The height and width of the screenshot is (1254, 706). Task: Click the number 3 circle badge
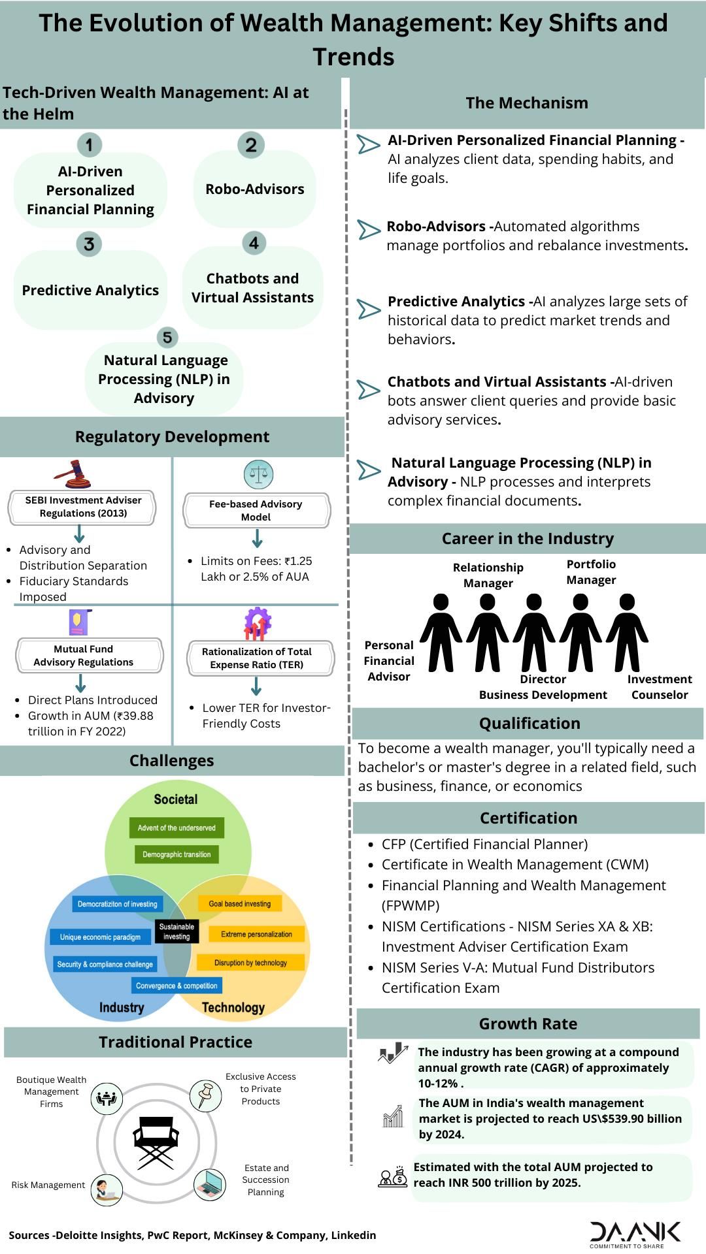point(89,244)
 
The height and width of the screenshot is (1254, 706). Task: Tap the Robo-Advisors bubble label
point(255,189)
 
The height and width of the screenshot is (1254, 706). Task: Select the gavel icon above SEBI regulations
point(72,474)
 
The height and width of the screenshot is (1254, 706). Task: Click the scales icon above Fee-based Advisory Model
point(258,474)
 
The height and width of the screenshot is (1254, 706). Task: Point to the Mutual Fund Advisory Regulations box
point(83,656)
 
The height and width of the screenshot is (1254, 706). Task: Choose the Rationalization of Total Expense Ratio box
point(257,658)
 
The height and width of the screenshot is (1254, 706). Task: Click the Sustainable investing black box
point(176,931)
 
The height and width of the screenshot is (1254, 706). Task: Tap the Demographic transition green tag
point(176,854)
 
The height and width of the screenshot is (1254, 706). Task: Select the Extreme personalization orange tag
point(256,935)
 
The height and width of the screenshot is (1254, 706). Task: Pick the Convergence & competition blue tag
point(176,986)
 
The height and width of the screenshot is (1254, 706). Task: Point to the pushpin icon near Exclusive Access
point(206,1095)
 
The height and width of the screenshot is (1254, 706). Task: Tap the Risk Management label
point(48,1185)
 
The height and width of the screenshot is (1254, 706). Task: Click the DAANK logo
point(635,1232)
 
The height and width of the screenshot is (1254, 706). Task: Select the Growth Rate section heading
point(528,1024)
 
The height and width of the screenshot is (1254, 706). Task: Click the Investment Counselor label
point(660,687)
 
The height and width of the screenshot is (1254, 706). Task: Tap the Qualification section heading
point(529,724)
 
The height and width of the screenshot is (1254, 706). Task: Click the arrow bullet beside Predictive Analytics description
point(369,309)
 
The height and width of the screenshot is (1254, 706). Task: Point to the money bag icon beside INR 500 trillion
point(393,1178)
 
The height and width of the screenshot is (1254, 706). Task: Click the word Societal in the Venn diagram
point(176,799)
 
